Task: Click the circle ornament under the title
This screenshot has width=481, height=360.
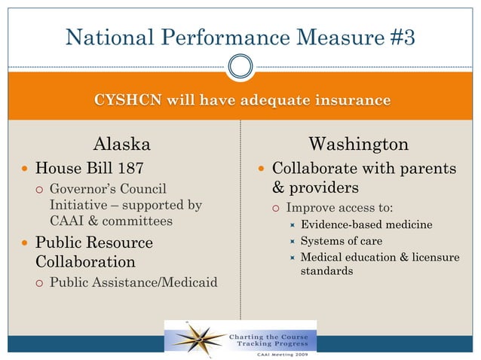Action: tap(240, 66)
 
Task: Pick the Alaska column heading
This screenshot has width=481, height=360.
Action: tap(121, 143)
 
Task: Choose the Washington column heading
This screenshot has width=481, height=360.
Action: tap(359, 143)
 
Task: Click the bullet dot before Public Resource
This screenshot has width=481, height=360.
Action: tap(25, 243)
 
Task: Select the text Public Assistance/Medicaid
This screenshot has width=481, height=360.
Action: tap(133, 283)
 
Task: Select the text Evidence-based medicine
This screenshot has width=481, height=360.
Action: tap(366, 224)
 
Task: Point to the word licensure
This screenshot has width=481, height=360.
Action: tap(434, 258)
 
